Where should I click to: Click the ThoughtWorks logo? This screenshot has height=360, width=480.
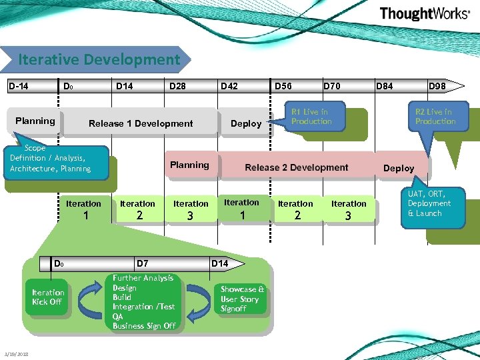pos(424,14)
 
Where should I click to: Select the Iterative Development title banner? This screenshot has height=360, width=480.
pos(99,59)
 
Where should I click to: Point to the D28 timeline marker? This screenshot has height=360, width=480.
pos(177,86)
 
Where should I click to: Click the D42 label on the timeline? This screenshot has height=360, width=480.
pos(229,86)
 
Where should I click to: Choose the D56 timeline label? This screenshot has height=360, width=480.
pos(283,86)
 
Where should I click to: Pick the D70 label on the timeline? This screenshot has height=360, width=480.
pos(331,86)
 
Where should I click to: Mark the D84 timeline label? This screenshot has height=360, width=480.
pos(385,86)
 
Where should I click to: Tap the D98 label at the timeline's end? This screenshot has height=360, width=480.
pos(437,86)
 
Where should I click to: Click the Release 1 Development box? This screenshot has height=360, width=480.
pos(141,123)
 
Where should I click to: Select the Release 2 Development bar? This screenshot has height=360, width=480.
pos(296,167)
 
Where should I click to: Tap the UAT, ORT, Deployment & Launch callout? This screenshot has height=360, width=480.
pos(429,203)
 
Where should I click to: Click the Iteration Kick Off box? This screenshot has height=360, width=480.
pos(48,297)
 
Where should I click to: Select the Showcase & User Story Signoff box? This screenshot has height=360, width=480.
pos(243,299)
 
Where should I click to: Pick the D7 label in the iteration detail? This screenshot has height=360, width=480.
pos(142,264)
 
